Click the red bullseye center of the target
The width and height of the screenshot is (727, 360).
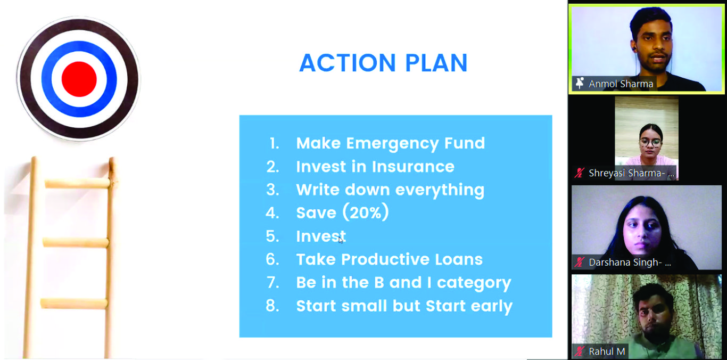tap(79, 79)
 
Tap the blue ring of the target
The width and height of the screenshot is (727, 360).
tap(46, 79)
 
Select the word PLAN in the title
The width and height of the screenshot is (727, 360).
tap(436, 63)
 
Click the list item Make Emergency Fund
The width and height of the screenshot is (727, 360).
tap(391, 143)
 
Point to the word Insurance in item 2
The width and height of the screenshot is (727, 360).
tap(413, 167)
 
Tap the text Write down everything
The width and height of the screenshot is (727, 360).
tap(390, 190)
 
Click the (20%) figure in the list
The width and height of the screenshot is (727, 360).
tap(365, 213)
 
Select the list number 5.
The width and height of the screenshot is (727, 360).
tap(272, 236)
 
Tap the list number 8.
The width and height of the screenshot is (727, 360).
tap(272, 306)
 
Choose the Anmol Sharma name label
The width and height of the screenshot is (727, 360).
tap(621, 84)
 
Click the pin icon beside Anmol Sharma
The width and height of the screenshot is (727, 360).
tap(580, 83)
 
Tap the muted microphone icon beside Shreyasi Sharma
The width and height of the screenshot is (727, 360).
tap(580, 173)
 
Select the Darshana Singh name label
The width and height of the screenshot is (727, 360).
tap(630, 262)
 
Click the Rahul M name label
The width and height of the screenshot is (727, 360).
tap(607, 351)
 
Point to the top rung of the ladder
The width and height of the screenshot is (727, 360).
tap(78, 183)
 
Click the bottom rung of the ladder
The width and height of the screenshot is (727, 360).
tap(74, 304)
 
